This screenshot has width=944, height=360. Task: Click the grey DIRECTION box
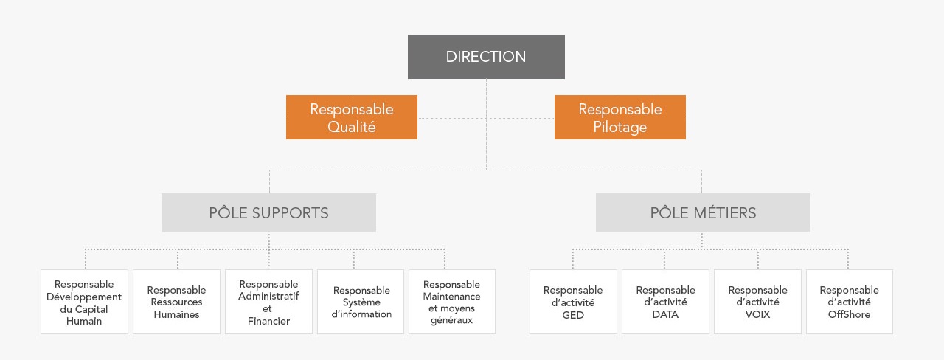[486, 57]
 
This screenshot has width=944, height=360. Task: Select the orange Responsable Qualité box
[352, 117]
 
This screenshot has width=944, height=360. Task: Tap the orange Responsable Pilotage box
[620, 117]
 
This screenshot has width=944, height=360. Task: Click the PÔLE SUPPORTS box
[269, 213]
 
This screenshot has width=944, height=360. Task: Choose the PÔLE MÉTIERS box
[703, 213]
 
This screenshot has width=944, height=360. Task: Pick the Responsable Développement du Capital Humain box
[84, 302]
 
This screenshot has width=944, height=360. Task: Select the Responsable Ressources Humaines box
[176, 302]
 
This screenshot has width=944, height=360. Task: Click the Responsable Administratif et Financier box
[268, 302]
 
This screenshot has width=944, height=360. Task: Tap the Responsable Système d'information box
[361, 302]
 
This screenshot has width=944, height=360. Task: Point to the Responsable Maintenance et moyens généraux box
[452, 302]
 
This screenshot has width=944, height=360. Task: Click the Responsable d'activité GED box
[573, 302]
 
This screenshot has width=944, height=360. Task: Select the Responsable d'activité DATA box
[665, 302]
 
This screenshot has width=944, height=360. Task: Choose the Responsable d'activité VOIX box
[757, 302]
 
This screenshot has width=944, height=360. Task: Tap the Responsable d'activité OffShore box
[849, 302]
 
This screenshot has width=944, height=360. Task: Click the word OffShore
[849, 314]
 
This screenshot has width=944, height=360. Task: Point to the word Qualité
[352, 127]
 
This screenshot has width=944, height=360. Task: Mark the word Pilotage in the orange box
[620, 127]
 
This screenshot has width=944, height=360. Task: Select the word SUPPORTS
[291, 213]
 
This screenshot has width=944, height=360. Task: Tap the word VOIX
[757, 314]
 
